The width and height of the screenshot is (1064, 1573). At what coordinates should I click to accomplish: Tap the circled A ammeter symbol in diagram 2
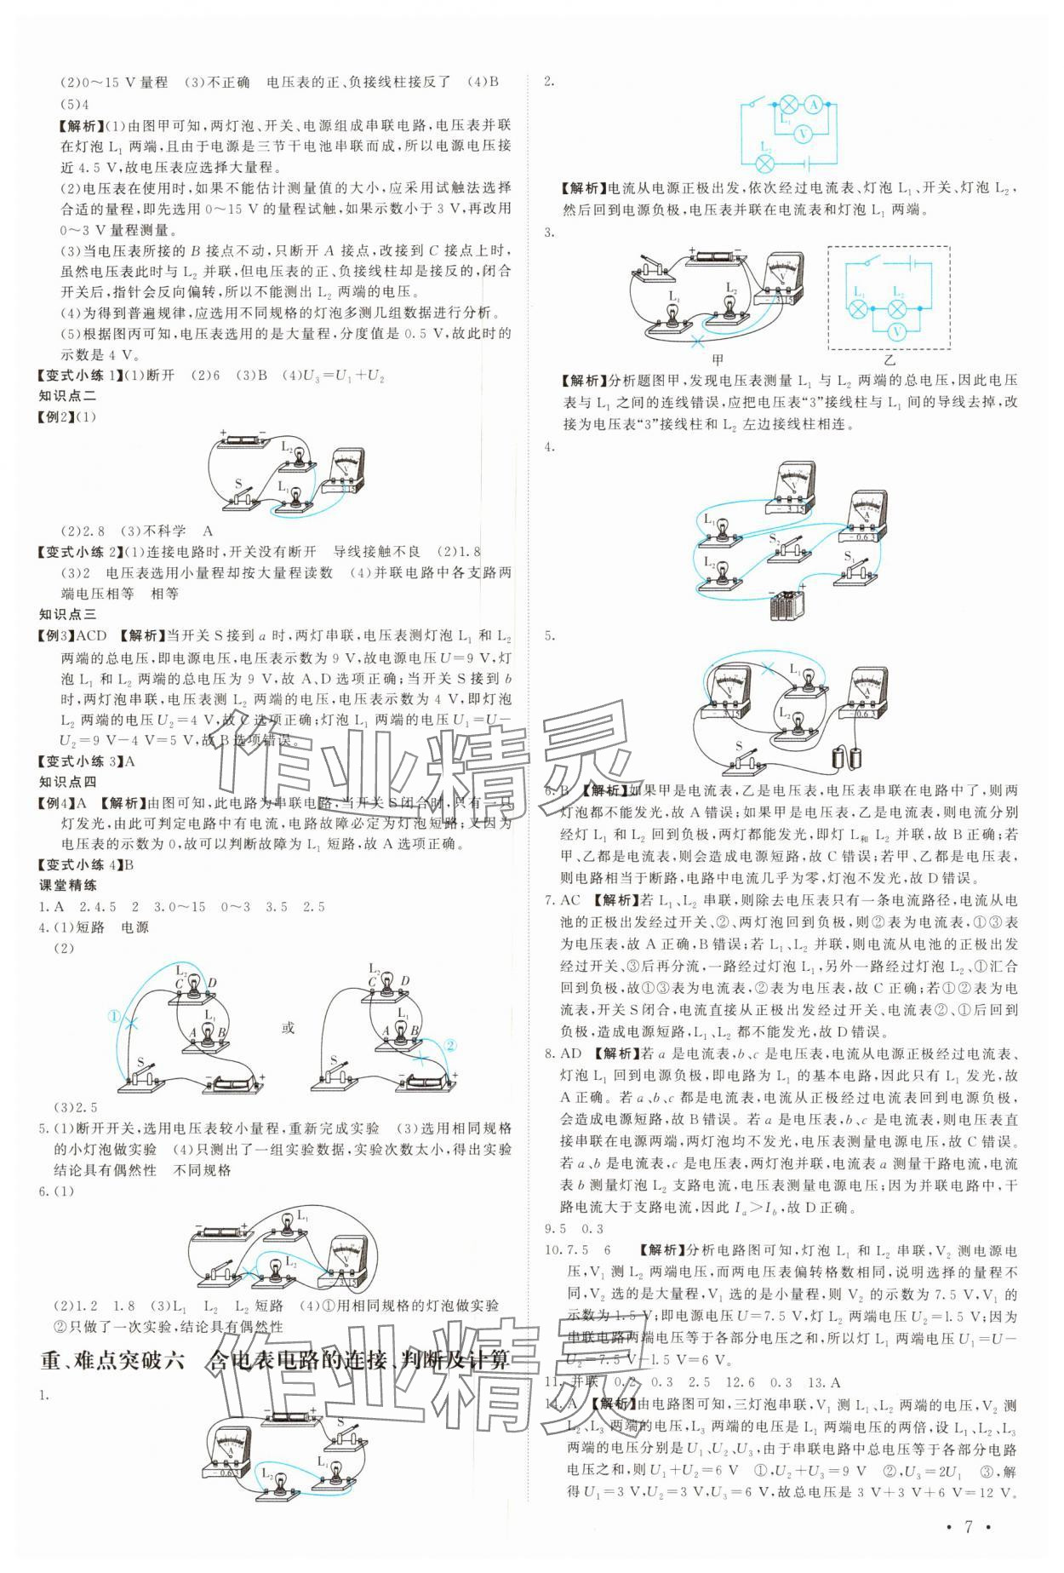[813, 105]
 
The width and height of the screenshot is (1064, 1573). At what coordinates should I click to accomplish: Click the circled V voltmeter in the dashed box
[895, 330]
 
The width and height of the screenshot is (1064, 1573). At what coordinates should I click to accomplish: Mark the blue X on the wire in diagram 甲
[700, 342]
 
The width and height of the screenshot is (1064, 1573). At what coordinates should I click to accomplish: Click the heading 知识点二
[68, 396]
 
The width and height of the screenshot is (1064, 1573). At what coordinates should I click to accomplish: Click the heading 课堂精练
[68, 886]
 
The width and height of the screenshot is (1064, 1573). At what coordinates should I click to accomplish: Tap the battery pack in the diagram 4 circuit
[787, 606]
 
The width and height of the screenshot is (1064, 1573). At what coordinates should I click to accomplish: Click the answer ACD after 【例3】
[92, 636]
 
